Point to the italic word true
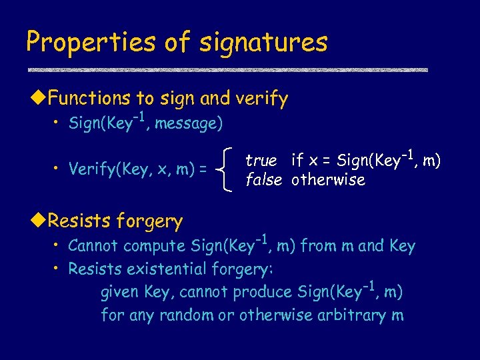[x=261, y=161]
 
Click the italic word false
[x=263, y=180]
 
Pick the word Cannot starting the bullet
[x=94, y=246]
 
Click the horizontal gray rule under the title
[x=227, y=69]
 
